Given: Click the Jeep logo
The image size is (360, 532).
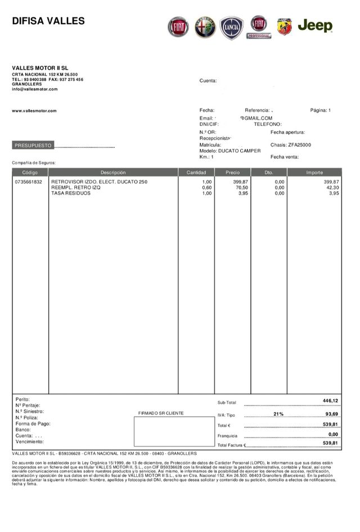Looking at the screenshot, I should pyautogui.click(x=315, y=26).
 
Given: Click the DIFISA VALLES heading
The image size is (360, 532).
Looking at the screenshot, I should pyautogui.click(x=48, y=21).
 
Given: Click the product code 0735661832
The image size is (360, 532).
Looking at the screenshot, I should pyautogui.click(x=29, y=182).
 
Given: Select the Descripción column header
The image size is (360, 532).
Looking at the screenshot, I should pyautogui.click(x=113, y=173).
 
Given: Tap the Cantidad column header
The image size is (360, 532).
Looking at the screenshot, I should pyautogui.click(x=196, y=173).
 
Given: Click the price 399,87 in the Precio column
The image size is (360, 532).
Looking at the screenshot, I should pyautogui.click(x=241, y=182).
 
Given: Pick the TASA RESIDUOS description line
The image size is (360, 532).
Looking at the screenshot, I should pyautogui.click(x=70, y=193).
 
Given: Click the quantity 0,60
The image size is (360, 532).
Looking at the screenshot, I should pyautogui.click(x=206, y=188).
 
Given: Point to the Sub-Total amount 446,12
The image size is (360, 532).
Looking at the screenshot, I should pyautogui.click(x=330, y=400).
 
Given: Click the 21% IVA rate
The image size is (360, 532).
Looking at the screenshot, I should pyautogui.click(x=278, y=414).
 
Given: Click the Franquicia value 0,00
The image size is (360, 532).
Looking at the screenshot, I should pyautogui.click(x=333, y=434).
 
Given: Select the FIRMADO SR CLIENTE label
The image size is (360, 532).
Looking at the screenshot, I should pyautogui.click(x=161, y=413).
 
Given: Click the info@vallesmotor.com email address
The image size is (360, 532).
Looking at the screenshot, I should pyautogui.click(x=35, y=89).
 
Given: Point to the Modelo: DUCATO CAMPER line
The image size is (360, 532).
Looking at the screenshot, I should pyautogui.click(x=230, y=151).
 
